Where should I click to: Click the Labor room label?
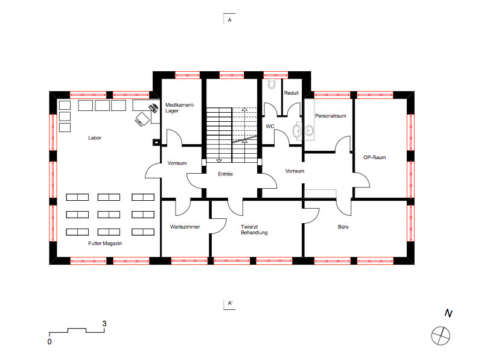(95, 138)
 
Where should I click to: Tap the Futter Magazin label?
(105, 244)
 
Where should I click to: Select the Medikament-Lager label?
(180, 108)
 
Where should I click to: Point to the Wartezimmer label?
(185, 227)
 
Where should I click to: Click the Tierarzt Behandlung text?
(254, 230)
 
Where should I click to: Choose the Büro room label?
(343, 227)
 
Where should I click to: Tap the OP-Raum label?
(374, 157)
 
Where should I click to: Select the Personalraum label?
(330, 116)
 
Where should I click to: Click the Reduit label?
(291, 93)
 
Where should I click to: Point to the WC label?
(270, 126)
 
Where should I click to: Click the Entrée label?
(225, 174)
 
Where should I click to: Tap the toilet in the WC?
(272, 84)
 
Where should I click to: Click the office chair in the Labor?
(142, 119)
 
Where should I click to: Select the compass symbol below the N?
(441, 336)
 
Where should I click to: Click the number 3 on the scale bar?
(104, 324)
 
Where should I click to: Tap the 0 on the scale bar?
(49, 342)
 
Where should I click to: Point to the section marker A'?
(230, 303)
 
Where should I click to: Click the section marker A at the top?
(229, 20)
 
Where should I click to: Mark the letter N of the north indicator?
(448, 314)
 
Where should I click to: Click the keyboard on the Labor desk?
(153, 109)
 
